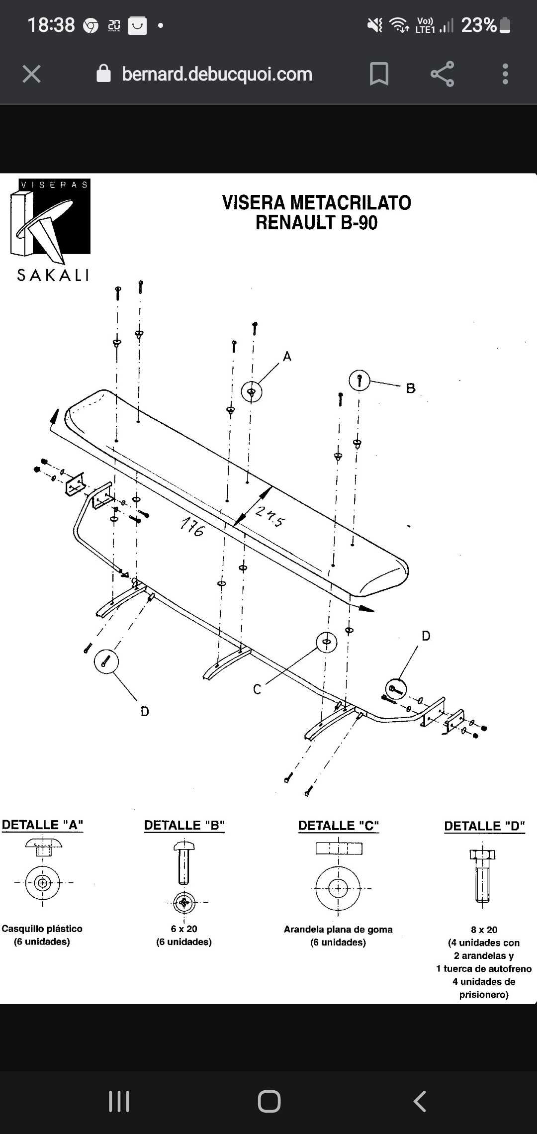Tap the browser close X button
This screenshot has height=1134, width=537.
point(31,74)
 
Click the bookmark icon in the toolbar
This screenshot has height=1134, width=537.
point(379,74)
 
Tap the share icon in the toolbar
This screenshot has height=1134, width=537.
point(442,74)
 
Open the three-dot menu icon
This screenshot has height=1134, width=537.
point(505,74)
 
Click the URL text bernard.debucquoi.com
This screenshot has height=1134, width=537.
point(217,74)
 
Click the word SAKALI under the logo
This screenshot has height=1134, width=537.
point(53,275)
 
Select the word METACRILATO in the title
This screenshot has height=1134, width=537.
point(351,202)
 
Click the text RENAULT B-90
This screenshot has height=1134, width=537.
point(317,222)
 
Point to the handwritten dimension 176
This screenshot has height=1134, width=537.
point(192,527)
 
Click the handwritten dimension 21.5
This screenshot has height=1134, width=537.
point(270,517)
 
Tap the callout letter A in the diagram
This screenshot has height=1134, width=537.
point(287,356)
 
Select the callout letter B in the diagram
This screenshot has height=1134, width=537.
point(411,388)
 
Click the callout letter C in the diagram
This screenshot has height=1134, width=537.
point(257,689)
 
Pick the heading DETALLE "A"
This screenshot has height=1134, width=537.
point(42,825)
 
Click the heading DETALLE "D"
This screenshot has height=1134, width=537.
point(485,826)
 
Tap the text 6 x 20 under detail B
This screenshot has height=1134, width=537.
point(184,929)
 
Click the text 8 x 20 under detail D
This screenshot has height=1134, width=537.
point(484,930)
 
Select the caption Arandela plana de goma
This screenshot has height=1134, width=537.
point(338,929)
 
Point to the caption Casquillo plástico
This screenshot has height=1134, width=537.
point(42,929)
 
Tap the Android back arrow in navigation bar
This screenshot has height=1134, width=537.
point(420,1101)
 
